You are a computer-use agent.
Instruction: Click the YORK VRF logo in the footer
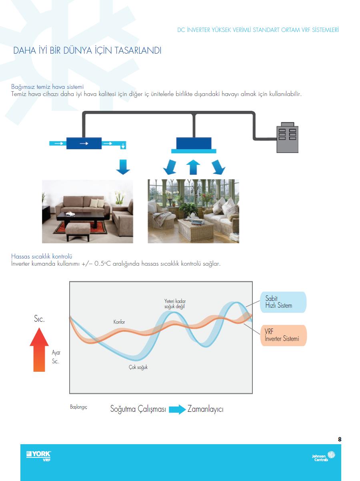click(38, 456)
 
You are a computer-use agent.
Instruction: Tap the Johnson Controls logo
click(324, 456)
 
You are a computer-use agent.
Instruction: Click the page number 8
click(340, 439)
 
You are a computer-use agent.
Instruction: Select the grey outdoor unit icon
click(287, 137)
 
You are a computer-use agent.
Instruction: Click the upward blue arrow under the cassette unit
click(193, 167)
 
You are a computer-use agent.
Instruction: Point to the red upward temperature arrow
click(39, 349)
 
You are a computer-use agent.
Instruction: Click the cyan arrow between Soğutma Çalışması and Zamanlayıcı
click(177, 409)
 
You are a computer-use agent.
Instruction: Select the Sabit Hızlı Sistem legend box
click(283, 302)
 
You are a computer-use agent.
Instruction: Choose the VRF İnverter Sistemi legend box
click(284, 335)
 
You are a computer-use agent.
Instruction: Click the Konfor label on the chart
click(119, 322)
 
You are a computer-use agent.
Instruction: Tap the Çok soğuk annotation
click(138, 367)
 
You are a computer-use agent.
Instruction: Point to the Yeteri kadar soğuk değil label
click(175, 304)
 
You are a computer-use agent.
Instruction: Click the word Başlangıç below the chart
click(78, 407)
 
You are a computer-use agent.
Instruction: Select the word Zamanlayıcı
click(206, 409)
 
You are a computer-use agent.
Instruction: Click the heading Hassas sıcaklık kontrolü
click(42, 256)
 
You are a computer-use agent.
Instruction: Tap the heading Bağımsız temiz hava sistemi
click(47, 87)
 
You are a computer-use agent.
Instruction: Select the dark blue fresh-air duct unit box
click(84, 143)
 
